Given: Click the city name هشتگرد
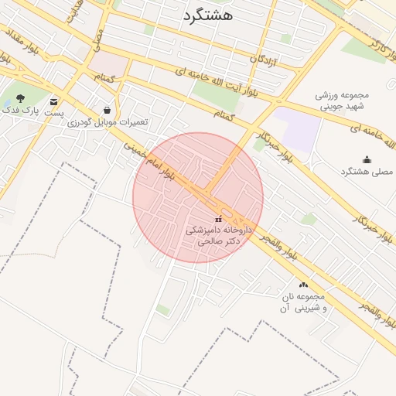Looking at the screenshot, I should [207, 15].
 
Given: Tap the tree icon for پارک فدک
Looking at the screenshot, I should [20, 99].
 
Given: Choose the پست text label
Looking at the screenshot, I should [53, 113].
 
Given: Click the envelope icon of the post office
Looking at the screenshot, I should [53, 101].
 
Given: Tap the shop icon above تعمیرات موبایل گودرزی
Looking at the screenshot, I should [106, 110].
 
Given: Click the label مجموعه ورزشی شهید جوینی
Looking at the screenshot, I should [343, 101].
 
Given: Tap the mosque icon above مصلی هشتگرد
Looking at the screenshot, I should [366, 159].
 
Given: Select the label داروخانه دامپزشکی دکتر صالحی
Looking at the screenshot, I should [217, 235].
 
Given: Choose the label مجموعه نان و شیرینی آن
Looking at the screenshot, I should [302, 302].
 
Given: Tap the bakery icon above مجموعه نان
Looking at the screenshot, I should [302, 285].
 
